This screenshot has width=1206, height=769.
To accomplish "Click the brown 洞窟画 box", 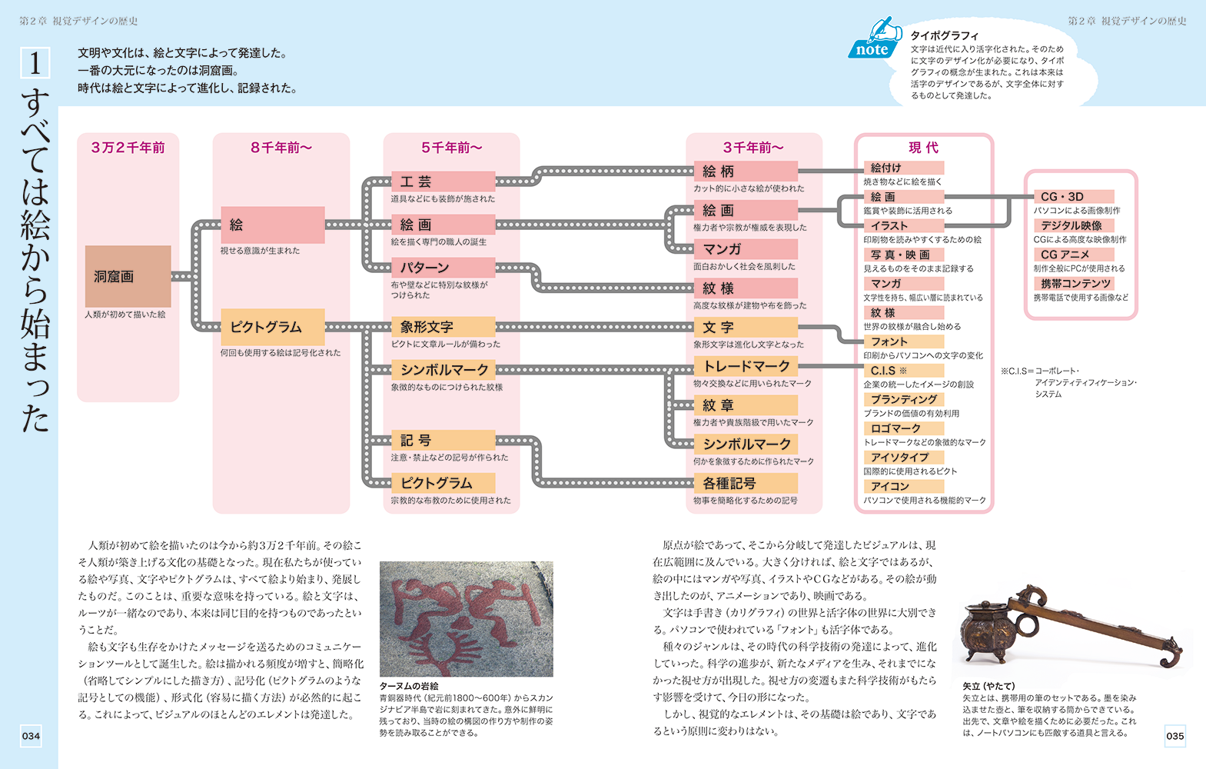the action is click(x=128, y=276).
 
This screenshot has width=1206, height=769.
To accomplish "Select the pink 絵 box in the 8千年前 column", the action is click(x=272, y=225).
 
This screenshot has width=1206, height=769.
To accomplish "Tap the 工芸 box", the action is click(x=443, y=181).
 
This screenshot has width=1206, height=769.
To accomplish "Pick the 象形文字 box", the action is click(x=443, y=327).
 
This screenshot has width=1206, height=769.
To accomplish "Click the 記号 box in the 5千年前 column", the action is click(x=443, y=440).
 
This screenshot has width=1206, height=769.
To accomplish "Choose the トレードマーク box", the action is click(x=746, y=366).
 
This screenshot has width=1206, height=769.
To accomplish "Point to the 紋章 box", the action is click(x=746, y=405).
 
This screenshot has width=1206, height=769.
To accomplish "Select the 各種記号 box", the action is click(x=746, y=483).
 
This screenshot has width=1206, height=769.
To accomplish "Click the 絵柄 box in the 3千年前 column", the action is click(x=746, y=171).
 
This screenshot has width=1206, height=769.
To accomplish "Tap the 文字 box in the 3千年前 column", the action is click(x=746, y=327).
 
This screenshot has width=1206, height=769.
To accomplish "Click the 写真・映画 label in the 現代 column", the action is click(x=904, y=255).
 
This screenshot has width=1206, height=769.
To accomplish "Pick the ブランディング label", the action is click(x=904, y=400).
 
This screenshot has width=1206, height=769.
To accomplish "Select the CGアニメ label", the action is click(x=1074, y=255).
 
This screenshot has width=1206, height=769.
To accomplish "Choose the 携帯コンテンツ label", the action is click(x=1074, y=284).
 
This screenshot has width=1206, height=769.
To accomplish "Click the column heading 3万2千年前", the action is click(x=128, y=148).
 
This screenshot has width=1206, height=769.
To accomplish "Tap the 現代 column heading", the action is click(x=924, y=148).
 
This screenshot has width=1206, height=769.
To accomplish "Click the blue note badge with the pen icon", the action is click(x=875, y=38).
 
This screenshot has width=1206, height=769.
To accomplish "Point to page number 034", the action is click(x=31, y=736).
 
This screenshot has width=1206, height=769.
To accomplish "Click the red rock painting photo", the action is click(x=467, y=619).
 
